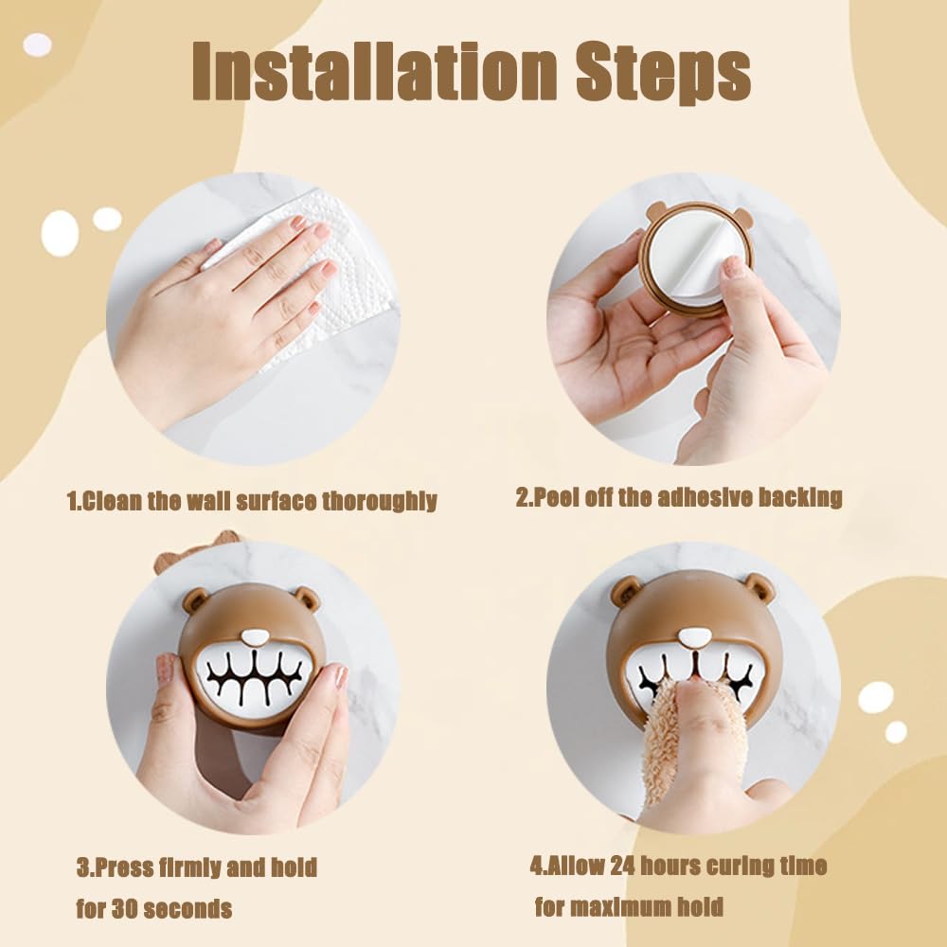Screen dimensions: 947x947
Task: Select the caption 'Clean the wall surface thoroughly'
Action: (x=252, y=500)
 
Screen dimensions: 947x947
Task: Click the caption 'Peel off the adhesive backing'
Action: (x=679, y=497)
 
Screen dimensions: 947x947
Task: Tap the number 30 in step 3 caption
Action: (x=129, y=909)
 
